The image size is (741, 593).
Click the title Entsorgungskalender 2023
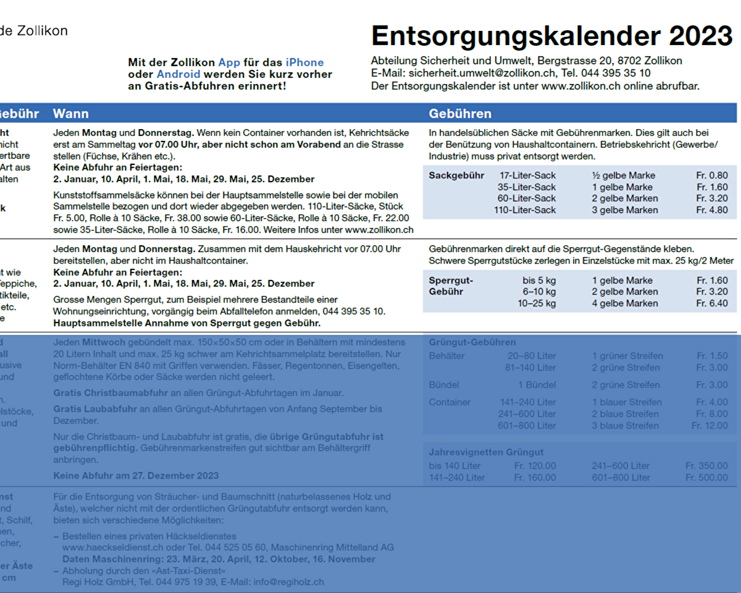click(551, 36)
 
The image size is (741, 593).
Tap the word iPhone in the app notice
click(304, 62)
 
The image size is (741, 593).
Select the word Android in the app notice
click(178, 74)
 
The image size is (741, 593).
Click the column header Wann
click(70, 114)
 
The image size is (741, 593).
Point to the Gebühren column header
click(460, 114)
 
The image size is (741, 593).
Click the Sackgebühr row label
click(456, 175)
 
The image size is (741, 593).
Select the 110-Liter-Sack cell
click(525, 210)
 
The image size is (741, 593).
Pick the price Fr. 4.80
click(712, 210)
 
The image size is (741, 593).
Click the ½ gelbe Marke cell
click(623, 175)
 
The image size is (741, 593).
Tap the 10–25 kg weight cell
click(537, 303)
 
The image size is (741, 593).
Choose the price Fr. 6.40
click(712, 303)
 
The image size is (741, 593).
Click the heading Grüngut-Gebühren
click(472, 342)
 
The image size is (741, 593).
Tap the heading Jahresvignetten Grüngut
click(486, 452)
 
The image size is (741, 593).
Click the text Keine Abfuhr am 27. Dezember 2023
click(136, 476)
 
